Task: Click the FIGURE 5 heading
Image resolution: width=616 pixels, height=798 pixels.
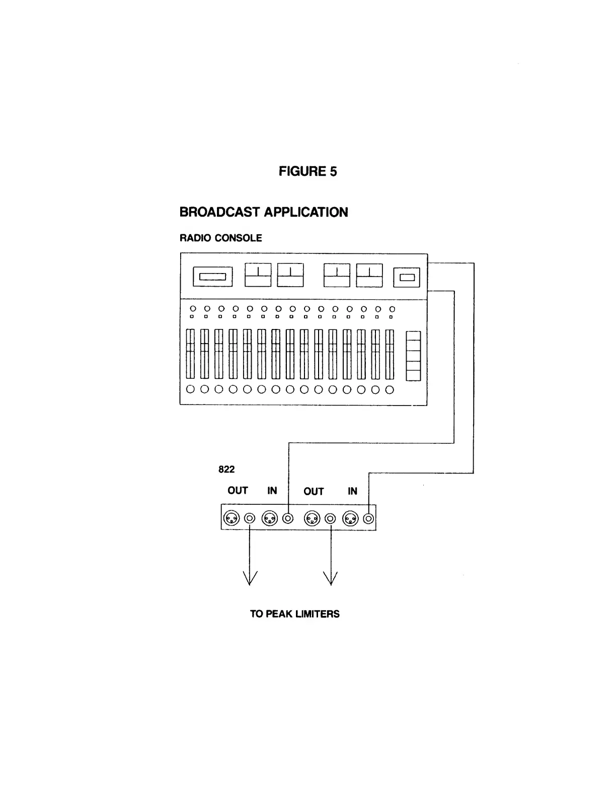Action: pos(307,171)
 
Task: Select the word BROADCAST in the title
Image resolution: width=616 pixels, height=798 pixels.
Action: pos(220,212)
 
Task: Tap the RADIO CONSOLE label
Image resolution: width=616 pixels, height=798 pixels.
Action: pos(220,238)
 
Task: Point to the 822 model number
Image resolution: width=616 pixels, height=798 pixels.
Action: pos(226,470)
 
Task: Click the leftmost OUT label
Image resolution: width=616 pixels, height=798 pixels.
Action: pos(238,491)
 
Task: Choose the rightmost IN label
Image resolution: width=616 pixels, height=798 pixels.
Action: pos(352,491)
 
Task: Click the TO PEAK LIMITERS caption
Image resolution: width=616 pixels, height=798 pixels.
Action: pos(294,614)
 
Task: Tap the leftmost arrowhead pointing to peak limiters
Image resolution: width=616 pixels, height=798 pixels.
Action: pos(250,578)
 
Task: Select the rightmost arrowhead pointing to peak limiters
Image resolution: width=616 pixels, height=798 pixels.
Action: pos(331,578)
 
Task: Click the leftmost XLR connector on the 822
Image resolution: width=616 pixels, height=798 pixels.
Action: pos(232,518)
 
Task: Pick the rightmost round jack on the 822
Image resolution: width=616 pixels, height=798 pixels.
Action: pos(368,518)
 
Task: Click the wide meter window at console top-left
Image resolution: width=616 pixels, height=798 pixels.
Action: pos(213,277)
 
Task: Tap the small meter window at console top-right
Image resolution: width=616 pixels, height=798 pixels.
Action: pos(407,277)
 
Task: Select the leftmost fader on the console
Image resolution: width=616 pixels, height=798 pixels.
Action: pos(190,354)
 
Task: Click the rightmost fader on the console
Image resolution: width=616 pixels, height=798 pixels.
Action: pos(390,354)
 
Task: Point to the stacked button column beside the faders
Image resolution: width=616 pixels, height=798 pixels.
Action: pos(413,356)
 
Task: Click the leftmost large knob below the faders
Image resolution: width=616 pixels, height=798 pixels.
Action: pos(190,389)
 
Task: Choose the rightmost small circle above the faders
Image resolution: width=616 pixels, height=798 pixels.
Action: pos(393,309)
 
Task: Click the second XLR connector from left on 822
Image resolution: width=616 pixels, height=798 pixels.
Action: pos(270,518)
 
